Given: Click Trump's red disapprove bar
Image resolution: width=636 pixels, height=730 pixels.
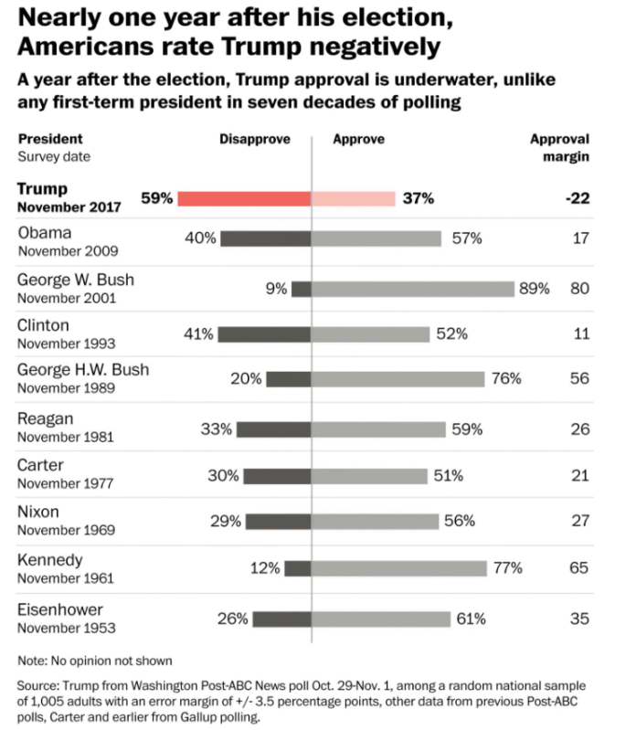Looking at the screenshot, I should [244, 198].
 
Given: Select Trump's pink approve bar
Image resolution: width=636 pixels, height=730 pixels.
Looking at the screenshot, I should [354, 198].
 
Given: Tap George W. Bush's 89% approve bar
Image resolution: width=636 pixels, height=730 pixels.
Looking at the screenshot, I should [413, 289].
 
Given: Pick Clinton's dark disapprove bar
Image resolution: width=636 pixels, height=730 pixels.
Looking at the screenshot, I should [265, 334].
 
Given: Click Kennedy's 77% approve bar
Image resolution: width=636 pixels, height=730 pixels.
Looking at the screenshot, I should [399, 568].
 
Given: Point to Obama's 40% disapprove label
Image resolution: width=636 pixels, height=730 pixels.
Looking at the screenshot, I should [200, 238].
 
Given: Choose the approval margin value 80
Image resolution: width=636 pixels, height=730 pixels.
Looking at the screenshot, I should [580, 289].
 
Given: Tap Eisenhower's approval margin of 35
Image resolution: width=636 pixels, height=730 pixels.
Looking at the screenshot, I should [580, 619].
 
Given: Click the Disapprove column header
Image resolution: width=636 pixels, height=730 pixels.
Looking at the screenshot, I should [255, 140].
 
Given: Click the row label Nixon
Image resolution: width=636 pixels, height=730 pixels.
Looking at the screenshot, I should [38, 512].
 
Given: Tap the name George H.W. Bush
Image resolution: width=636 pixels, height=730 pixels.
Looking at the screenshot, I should [83, 370].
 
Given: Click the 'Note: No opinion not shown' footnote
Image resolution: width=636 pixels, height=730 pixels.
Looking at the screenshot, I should [95, 660].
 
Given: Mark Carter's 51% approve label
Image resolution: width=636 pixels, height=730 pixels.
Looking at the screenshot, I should [449, 476].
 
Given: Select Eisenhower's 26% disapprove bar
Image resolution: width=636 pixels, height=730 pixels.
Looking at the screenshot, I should [282, 619].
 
